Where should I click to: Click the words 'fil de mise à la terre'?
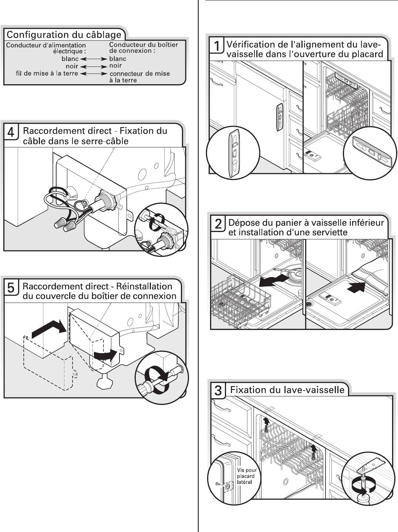pos(47,74)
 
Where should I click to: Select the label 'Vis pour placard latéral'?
pos(246,476)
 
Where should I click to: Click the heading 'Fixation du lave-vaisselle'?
pos(287,390)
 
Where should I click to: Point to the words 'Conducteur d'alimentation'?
pos(46,45)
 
